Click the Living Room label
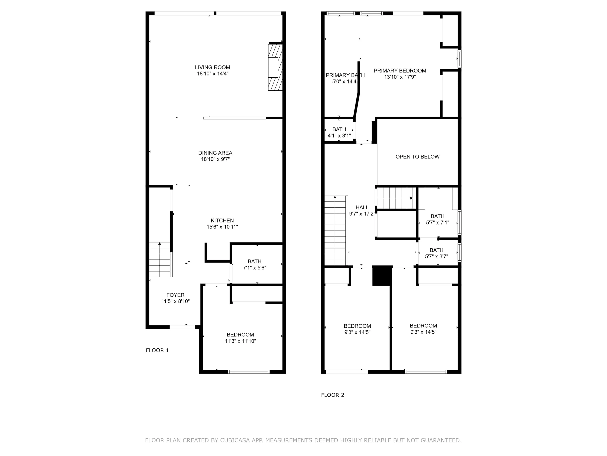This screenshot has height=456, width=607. [212, 70]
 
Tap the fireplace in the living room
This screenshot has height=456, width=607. [275, 67]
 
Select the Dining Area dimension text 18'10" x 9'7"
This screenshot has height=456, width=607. [215, 159]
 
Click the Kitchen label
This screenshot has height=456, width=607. [222, 224]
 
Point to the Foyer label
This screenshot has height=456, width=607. [175, 298]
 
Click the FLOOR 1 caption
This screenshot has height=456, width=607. [157, 350]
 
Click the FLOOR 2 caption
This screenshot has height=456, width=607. [333, 395]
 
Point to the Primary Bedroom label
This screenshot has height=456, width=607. [400, 74]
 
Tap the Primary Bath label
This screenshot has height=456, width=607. [345, 78]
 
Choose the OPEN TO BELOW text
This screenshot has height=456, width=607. [417, 157]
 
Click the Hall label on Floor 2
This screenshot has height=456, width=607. [362, 211]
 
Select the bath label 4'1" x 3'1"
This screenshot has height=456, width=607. [339, 133]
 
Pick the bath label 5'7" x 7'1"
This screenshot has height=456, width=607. [437, 219]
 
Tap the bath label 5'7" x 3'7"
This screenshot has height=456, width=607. [436, 253]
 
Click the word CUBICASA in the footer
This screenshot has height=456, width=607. [235, 440]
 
